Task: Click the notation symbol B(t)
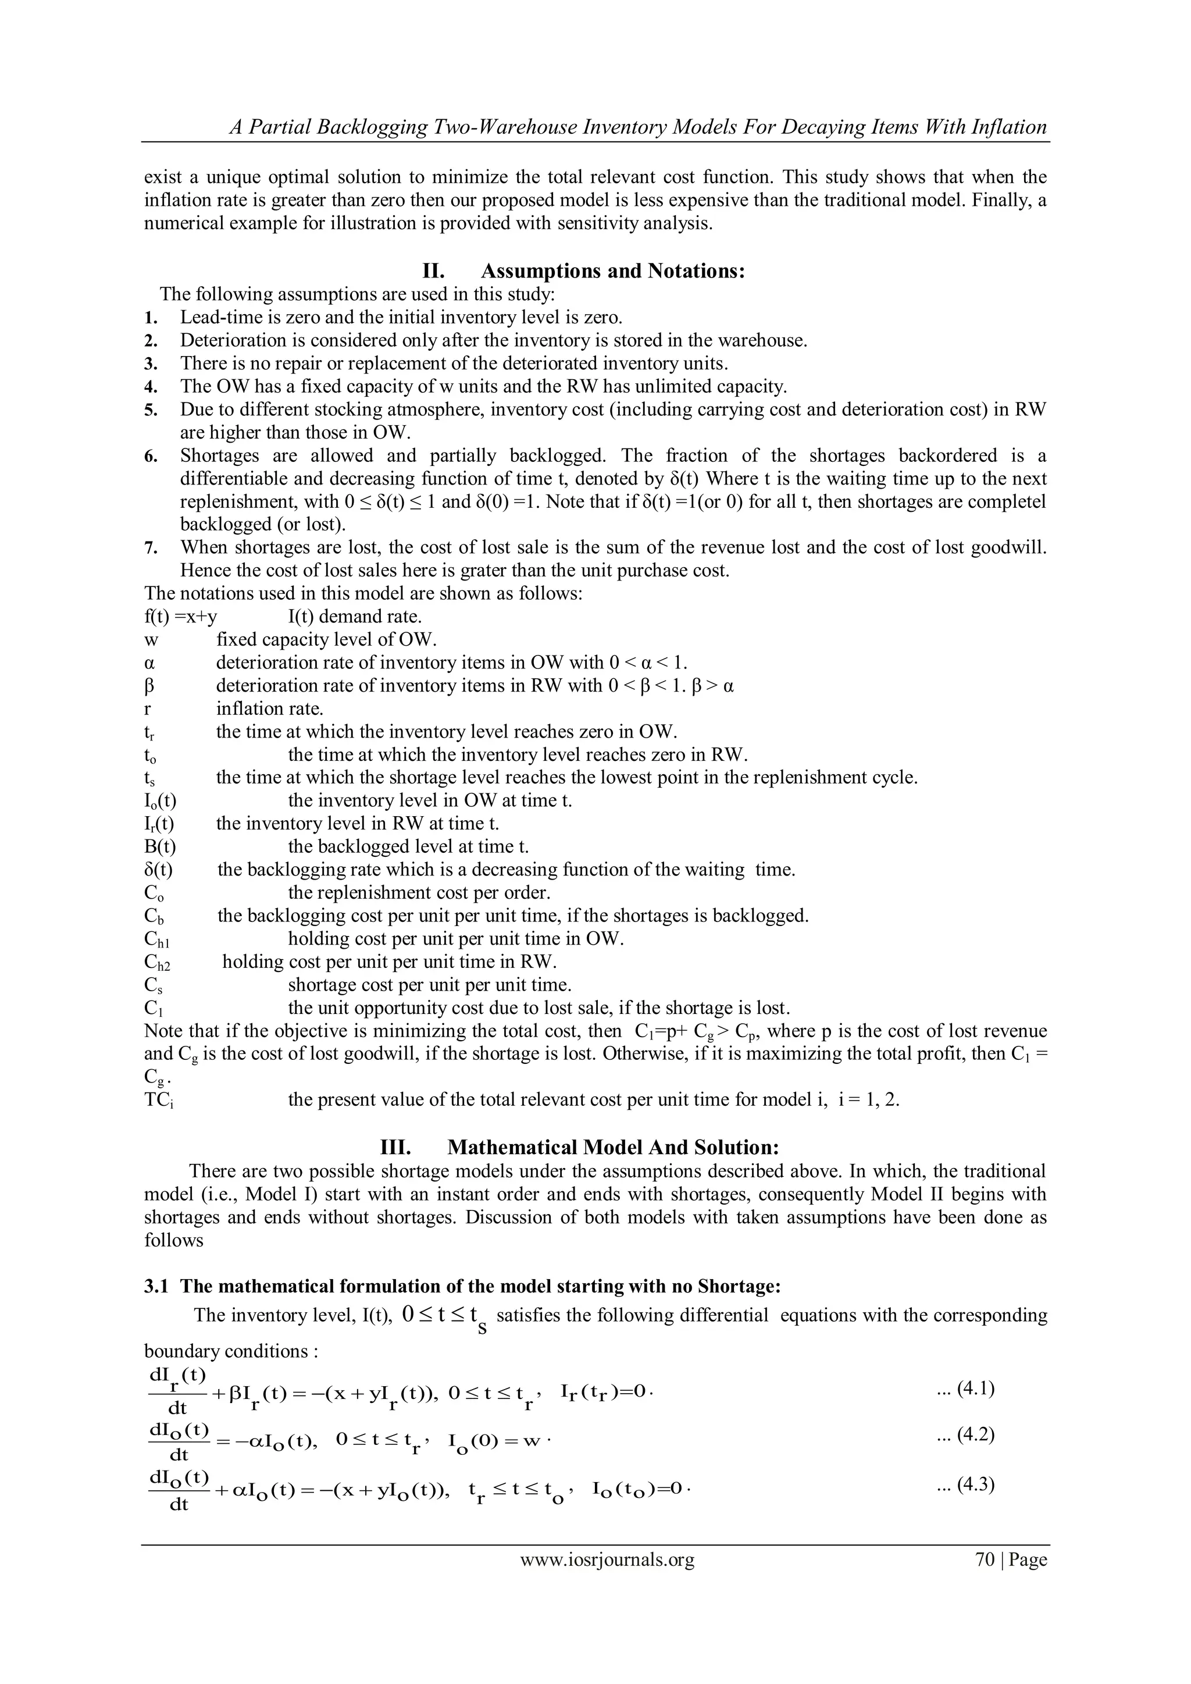pos(160,846)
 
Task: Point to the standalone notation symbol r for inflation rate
pos(148,709)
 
